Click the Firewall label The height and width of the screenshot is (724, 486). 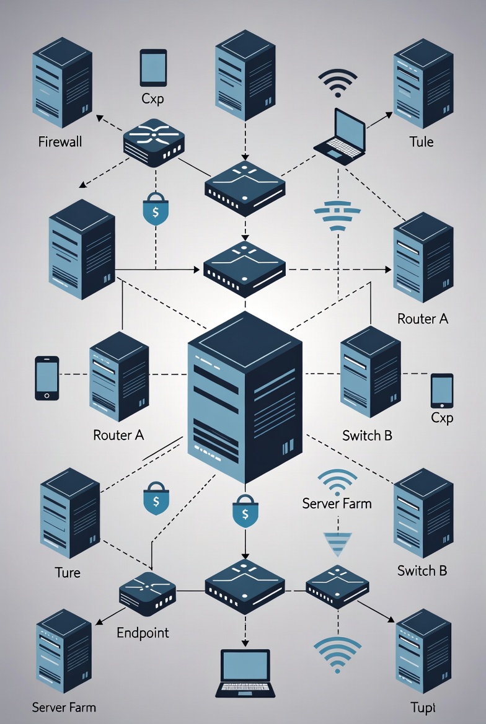click(60, 142)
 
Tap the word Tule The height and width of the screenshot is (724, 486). click(422, 142)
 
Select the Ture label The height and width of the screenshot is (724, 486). click(67, 572)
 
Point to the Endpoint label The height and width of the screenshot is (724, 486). click(143, 633)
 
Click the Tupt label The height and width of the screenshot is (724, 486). click(423, 707)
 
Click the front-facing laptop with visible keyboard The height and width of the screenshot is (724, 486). click(245, 673)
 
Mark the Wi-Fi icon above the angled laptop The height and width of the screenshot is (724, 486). click(338, 83)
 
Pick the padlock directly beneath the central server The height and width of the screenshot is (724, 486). click(244, 511)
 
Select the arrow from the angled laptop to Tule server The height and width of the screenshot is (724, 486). click(379, 121)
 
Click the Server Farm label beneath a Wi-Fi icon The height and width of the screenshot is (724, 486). click(337, 503)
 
